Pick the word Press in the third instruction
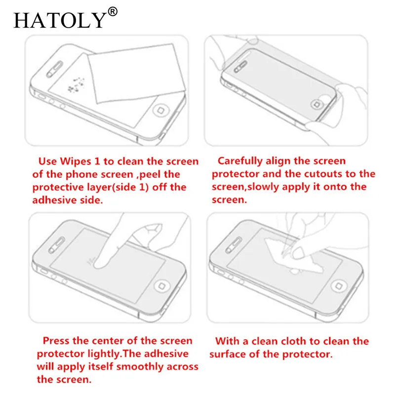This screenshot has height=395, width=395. pyautogui.click(x=56, y=341)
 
